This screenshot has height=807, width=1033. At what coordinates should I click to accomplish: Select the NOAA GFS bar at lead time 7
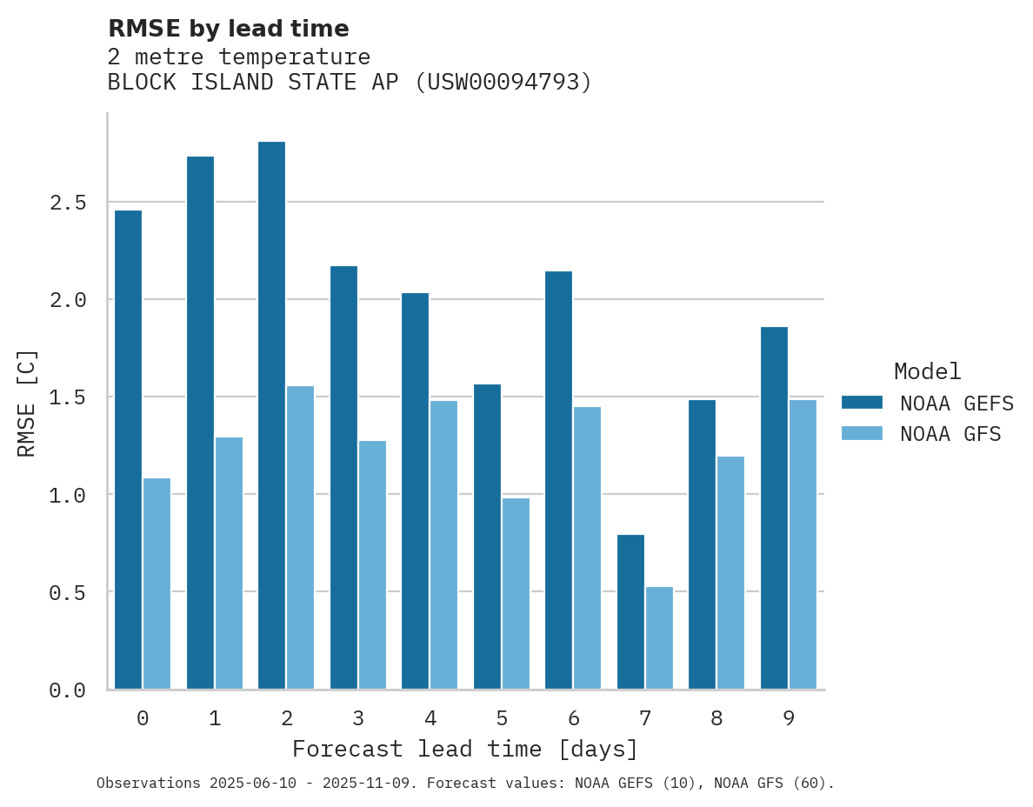click(x=659, y=638)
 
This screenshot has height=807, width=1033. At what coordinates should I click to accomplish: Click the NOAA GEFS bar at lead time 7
click(x=630, y=612)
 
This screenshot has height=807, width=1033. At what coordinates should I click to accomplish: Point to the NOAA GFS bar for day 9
click(x=803, y=544)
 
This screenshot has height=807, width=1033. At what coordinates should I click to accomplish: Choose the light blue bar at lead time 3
click(x=372, y=565)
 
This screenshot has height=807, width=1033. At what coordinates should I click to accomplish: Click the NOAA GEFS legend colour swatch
click(x=862, y=403)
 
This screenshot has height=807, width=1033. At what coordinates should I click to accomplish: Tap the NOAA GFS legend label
click(x=950, y=434)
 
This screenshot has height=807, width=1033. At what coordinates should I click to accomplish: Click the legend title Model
click(x=927, y=371)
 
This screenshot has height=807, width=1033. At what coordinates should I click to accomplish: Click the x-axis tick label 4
click(x=430, y=718)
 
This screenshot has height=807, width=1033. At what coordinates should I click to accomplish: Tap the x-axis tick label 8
click(x=716, y=718)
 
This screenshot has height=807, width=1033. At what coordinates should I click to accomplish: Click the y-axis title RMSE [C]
click(x=27, y=403)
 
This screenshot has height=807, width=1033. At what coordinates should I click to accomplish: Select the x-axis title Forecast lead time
click(x=465, y=749)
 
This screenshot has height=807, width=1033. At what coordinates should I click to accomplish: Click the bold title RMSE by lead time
click(x=228, y=29)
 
